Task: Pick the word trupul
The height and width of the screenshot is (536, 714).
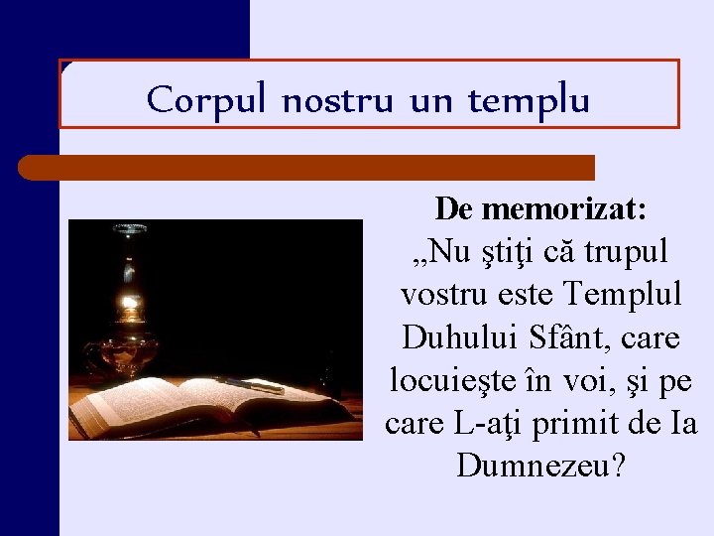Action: pos(629,253)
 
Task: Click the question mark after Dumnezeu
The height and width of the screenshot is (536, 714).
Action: pos(620,467)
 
